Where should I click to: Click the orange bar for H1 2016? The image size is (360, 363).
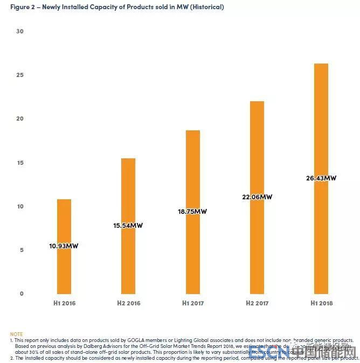click(64, 269)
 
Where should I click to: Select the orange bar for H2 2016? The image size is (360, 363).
click(128, 259)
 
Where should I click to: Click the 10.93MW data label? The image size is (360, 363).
click(64, 246)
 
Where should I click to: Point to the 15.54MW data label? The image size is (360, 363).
click(128, 226)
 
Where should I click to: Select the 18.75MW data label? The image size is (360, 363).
click(192, 212)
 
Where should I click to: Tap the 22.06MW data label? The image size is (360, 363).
click(258, 197)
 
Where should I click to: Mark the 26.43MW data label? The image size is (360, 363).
click(322, 178)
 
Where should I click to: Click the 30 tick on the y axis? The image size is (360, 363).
click(20, 31)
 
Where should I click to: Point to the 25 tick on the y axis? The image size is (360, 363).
click(20, 75)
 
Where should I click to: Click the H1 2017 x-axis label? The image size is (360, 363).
click(193, 303)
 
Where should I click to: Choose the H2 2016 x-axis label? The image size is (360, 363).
click(128, 303)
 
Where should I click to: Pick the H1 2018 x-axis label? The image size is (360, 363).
click(321, 303)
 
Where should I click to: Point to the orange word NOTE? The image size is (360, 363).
click(17, 334)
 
